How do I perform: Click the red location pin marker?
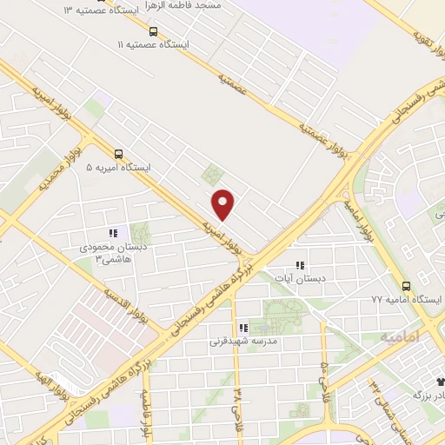point(224,204)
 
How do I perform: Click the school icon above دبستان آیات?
point(301,265)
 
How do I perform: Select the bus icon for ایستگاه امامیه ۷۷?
point(405,285)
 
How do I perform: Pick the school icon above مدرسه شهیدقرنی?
point(242,328)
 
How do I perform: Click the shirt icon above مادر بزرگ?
point(439,381)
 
